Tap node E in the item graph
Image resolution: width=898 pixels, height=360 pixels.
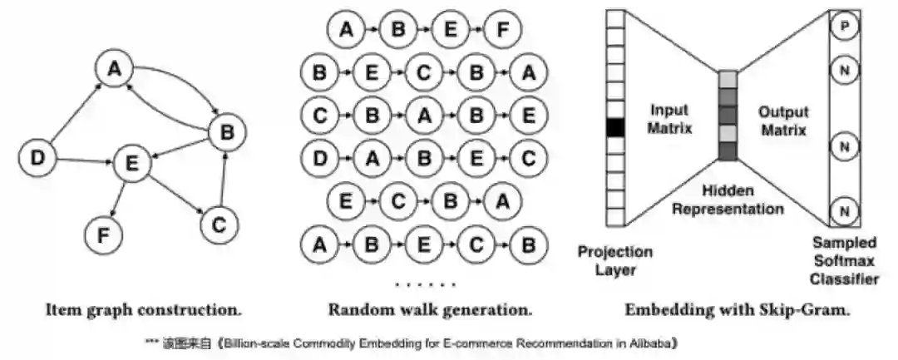[131, 166]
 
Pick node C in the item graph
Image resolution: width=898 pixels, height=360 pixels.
[220, 224]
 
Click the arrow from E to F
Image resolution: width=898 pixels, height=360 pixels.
[118, 200]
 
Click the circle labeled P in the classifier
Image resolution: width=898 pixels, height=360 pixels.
[845, 27]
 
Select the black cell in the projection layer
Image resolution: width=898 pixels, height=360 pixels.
[614, 128]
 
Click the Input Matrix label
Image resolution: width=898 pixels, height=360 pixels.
[670, 120]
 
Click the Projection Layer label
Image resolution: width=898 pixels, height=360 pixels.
[614, 261]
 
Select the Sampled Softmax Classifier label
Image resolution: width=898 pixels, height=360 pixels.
[844, 261]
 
